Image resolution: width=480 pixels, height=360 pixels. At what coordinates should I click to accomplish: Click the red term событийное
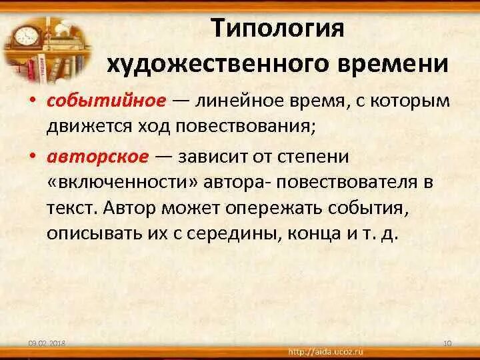[105, 100]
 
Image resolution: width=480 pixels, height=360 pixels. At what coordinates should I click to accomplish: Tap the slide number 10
[447, 343]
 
